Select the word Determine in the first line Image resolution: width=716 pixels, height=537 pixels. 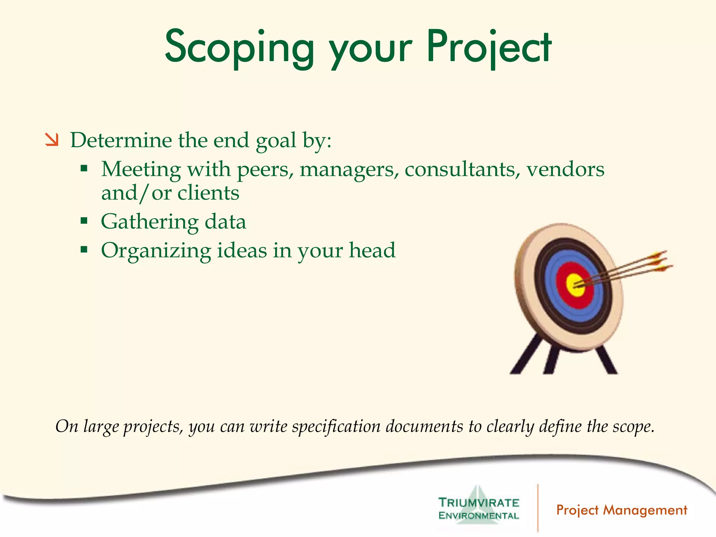[x=121, y=140]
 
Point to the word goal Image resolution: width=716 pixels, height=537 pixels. [x=276, y=141]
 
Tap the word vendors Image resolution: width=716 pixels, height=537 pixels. [x=565, y=170]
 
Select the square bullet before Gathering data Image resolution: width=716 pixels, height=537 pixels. [x=84, y=221]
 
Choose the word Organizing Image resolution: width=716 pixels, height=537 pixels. [x=156, y=251]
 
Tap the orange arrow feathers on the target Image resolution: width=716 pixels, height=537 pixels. [x=659, y=260]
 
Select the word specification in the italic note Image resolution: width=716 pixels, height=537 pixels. [x=336, y=427]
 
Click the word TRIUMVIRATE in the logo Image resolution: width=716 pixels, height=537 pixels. [x=479, y=503]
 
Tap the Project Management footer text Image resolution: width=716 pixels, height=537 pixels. [x=622, y=510]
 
